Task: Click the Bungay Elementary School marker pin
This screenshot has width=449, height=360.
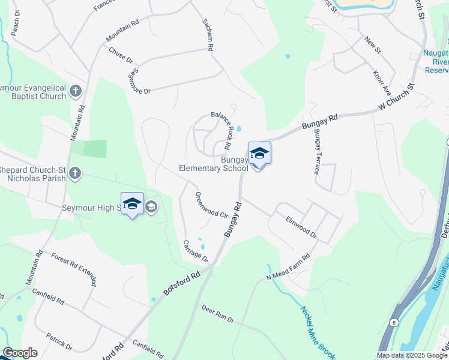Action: tap(259, 154)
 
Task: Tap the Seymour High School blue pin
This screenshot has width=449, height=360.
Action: tap(132, 204)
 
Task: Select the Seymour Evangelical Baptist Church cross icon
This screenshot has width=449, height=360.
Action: tap(75, 91)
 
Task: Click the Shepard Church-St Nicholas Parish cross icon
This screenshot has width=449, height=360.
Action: tap(75, 173)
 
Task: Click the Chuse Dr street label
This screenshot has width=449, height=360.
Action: tap(121, 55)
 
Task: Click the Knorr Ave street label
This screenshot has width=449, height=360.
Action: tap(382, 85)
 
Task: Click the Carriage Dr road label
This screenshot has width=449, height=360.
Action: tap(196, 251)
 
